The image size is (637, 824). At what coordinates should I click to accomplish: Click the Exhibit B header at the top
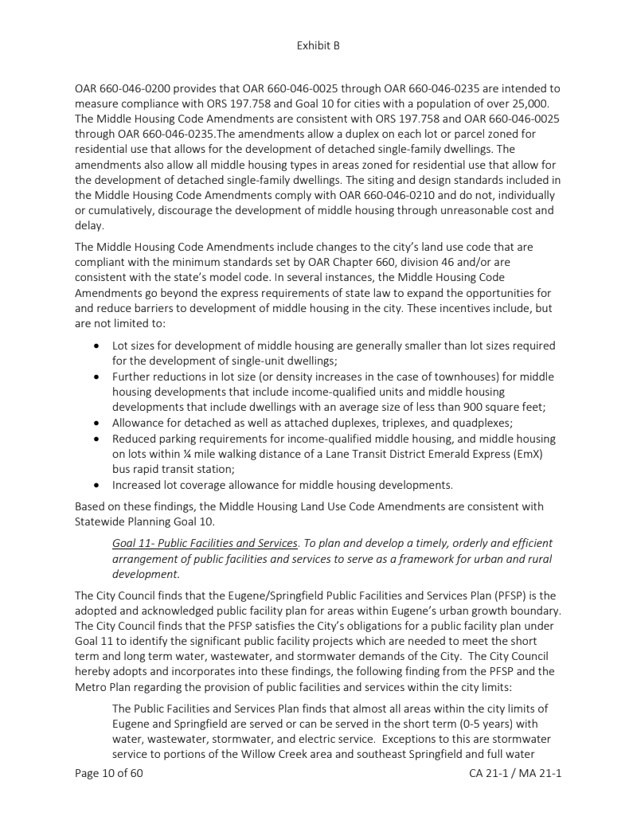(x=318, y=46)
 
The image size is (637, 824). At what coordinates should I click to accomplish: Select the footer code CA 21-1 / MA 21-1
(x=516, y=773)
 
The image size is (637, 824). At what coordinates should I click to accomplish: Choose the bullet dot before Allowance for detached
(x=96, y=422)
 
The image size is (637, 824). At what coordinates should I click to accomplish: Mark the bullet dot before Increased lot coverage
(x=96, y=484)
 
